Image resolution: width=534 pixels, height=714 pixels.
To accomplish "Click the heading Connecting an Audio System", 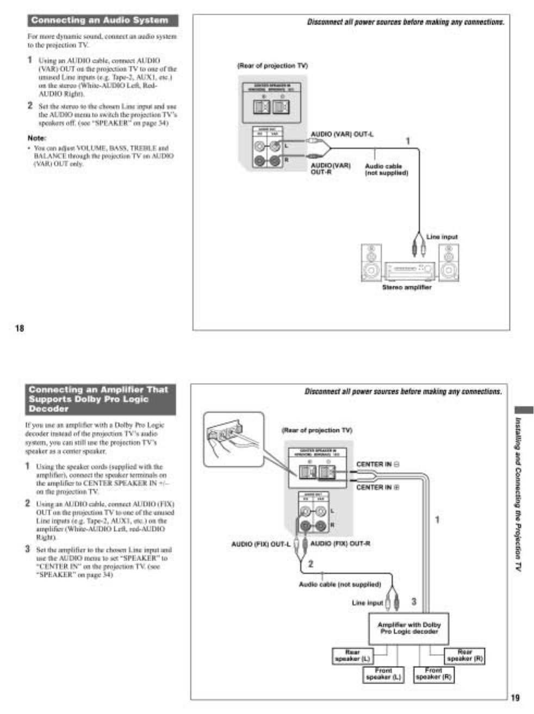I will [x=100, y=21].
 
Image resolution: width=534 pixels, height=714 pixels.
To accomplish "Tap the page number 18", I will [x=20, y=328].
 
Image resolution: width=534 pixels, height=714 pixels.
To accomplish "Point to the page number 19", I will [x=515, y=697].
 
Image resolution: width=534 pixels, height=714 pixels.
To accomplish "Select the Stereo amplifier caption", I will [x=407, y=287].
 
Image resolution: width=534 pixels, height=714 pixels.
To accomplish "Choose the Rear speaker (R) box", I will [x=464, y=655].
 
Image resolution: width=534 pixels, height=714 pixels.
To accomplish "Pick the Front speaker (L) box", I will [x=383, y=674].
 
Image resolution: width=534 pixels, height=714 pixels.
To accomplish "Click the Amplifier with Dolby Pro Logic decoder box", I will [x=409, y=628].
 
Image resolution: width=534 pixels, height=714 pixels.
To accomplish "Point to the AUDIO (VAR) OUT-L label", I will [x=342, y=134].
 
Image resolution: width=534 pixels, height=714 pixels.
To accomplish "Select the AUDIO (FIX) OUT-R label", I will [x=340, y=543].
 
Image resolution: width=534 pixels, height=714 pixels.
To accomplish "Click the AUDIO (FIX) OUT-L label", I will [x=261, y=543].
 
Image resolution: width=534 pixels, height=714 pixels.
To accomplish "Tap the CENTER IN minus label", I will [x=377, y=465].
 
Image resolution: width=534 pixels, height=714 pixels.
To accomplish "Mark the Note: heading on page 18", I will [x=37, y=138].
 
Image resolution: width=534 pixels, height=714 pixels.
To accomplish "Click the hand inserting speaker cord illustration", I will [x=233, y=439].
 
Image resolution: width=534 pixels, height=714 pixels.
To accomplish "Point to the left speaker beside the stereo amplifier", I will [x=372, y=262].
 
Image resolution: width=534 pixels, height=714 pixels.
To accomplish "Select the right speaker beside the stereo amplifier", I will [x=449, y=262].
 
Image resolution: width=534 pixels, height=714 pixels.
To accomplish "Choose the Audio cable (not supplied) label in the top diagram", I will [x=386, y=170].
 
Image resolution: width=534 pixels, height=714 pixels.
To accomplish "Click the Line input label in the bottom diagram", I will [x=368, y=603].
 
